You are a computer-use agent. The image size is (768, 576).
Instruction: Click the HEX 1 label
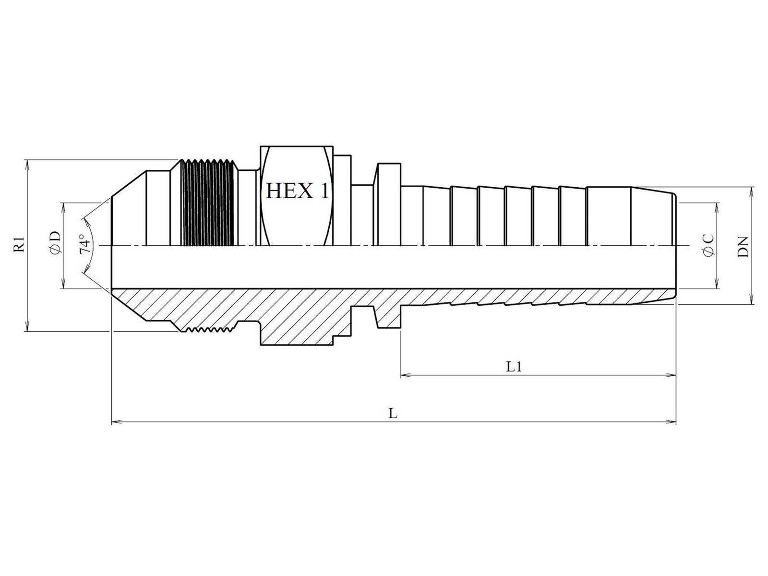pos(298,191)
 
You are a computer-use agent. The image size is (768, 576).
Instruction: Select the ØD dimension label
pos(55,242)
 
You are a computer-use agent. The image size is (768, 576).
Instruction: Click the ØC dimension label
pos(708,245)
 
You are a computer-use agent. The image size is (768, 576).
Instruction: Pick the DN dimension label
pos(743,247)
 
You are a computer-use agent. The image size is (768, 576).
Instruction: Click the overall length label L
pos(393,414)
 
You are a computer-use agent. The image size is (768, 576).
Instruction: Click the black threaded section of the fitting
pos(207,204)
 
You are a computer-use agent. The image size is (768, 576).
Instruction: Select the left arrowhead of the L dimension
pos(116,422)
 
